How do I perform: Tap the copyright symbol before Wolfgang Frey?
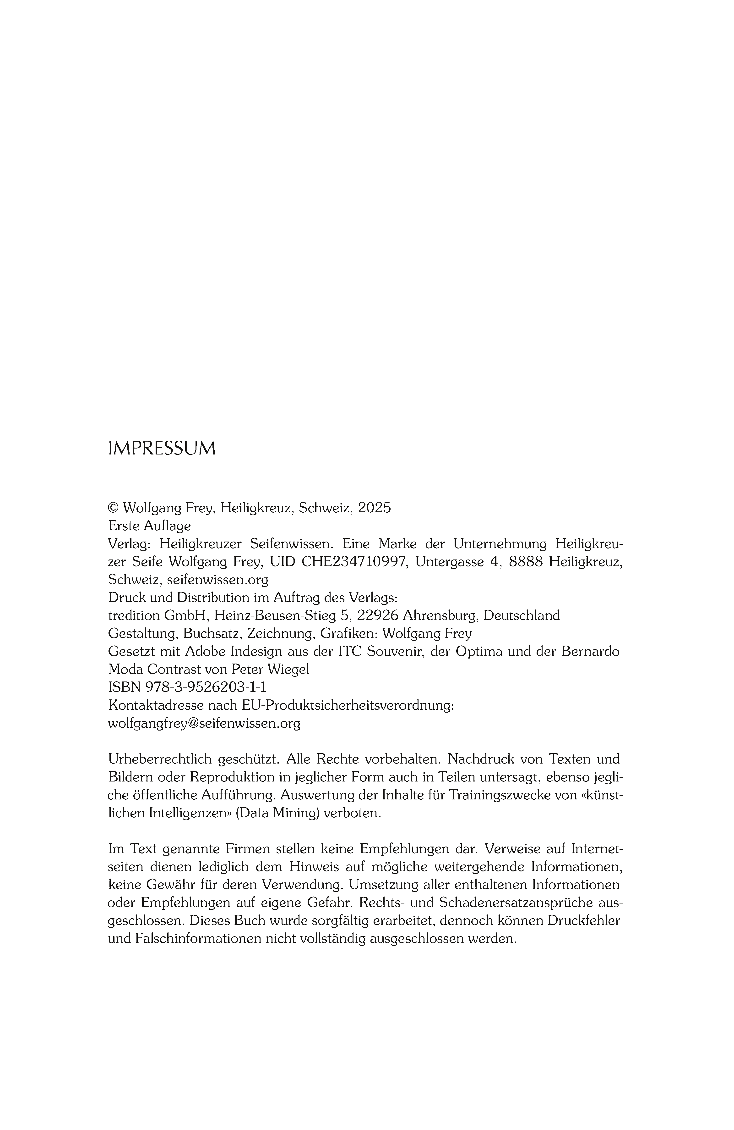(113, 508)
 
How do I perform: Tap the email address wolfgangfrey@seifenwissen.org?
(204, 724)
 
